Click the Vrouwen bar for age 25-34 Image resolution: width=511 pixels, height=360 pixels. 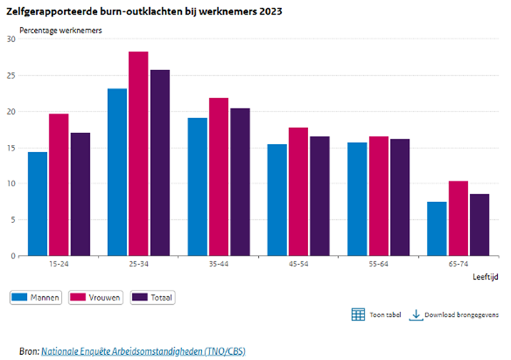(x=138, y=154)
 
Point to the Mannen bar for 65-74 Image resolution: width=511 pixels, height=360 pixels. (x=437, y=228)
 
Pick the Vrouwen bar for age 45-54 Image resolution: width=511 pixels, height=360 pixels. (x=298, y=191)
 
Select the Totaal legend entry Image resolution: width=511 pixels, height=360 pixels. (x=154, y=296)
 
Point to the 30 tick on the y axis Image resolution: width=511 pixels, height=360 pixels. (x=11, y=39)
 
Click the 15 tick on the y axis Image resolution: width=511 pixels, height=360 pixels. (x=11, y=148)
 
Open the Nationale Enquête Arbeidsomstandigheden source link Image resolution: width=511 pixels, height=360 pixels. (x=143, y=351)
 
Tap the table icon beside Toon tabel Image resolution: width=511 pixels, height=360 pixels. (x=358, y=314)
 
